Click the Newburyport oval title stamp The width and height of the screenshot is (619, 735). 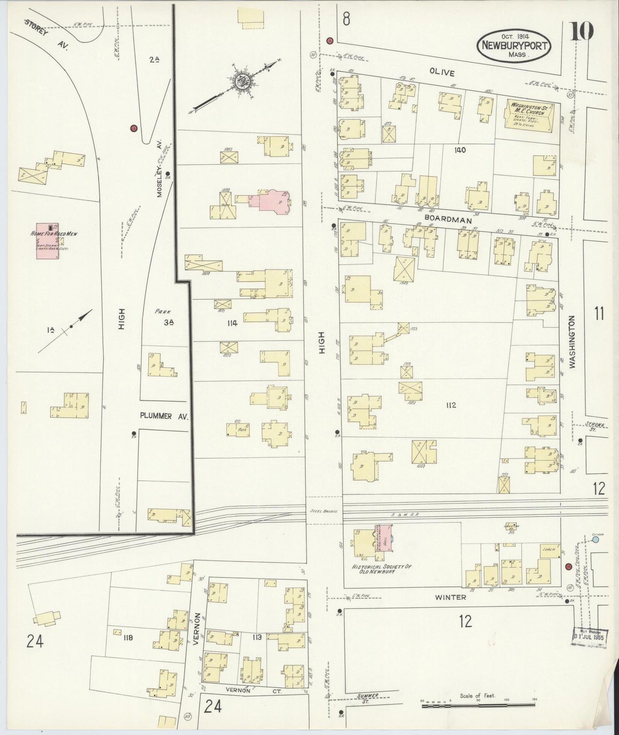(x=514, y=45)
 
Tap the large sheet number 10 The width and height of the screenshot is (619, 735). (x=581, y=31)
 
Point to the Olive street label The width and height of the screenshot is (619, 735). (x=442, y=73)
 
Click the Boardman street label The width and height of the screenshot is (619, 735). (x=448, y=220)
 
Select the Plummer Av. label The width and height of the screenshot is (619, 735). (x=164, y=416)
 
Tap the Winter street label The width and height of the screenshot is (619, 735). (x=450, y=597)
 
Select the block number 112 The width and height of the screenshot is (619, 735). (x=451, y=405)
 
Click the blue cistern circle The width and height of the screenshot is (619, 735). (x=596, y=540)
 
